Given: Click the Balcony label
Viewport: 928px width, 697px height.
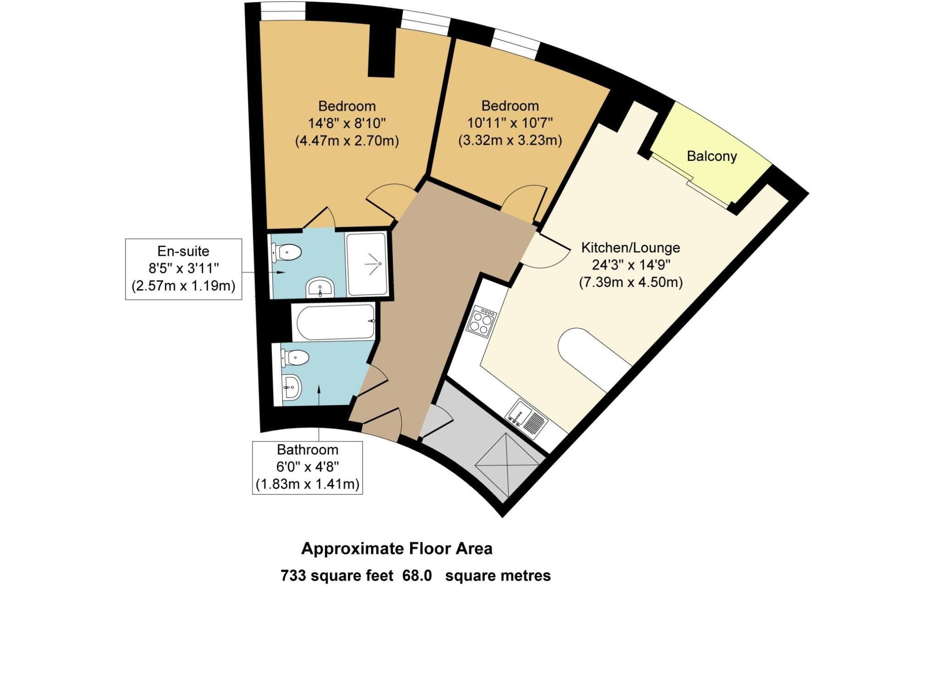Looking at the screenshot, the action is pos(712,157).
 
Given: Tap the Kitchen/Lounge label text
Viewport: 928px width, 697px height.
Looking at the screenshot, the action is pos(631,248).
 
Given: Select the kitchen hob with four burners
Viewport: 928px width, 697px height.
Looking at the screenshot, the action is pos(481,321).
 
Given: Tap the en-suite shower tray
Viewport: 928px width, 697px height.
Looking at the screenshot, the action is pos(367,264).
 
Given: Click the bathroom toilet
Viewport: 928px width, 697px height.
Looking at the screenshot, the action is pos(295,357).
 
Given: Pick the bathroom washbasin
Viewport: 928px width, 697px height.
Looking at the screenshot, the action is pos(291,388).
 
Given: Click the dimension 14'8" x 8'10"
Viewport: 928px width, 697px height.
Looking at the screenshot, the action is pos(347,123).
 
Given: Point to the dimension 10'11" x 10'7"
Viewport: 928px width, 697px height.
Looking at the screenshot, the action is pos(510,123).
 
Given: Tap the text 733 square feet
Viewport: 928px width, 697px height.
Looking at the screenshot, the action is pos(337,576).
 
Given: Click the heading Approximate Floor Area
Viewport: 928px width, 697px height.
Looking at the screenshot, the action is pos(397,549).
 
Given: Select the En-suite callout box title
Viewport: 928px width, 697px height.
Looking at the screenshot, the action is pos(183,251).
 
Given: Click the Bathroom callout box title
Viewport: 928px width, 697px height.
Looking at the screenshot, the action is pos(308,450).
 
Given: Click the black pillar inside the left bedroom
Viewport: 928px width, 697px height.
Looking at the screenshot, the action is pos(382,51).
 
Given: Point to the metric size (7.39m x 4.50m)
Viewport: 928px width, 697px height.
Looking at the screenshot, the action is pos(631,282).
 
